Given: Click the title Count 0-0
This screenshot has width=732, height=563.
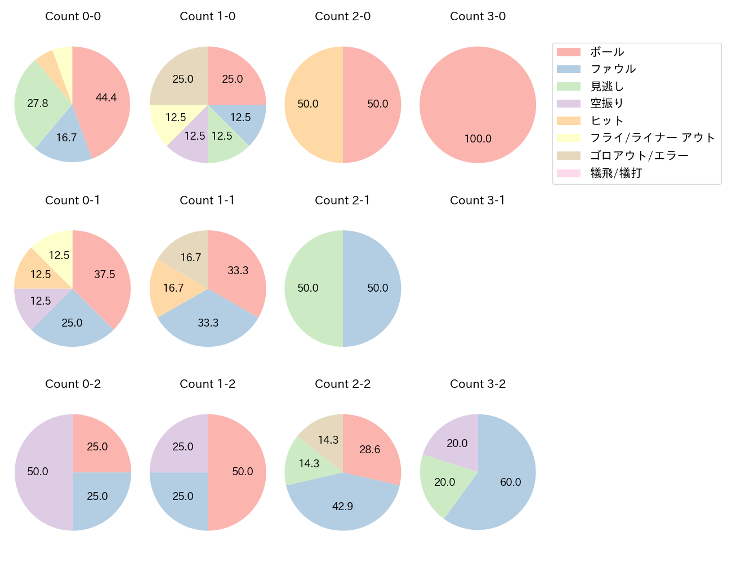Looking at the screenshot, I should [73, 16].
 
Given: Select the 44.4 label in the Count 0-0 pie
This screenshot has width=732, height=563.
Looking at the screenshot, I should [106, 97].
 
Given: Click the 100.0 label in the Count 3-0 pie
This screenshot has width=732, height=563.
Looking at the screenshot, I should [477, 138].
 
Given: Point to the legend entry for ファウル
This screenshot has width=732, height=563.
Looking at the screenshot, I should [613, 69].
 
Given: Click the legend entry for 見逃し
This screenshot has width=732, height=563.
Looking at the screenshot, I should [607, 87].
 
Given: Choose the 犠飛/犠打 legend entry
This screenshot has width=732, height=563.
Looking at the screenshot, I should [615, 173].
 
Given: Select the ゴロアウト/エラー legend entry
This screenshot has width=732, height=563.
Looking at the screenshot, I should [639, 155].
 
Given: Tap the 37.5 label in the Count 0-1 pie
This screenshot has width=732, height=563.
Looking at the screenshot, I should [104, 274].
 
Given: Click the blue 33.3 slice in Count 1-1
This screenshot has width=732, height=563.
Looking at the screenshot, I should [208, 323].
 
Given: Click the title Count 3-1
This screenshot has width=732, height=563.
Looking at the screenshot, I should [477, 200].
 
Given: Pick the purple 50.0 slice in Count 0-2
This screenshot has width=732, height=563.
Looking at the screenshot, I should [38, 472].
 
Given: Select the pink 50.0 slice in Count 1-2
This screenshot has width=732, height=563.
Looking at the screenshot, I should [242, 472].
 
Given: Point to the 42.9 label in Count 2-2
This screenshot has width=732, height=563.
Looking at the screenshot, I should [342, 506].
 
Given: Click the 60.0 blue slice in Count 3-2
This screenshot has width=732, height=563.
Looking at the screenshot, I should [510, 482].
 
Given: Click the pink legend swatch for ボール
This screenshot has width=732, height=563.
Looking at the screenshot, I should [568, 52].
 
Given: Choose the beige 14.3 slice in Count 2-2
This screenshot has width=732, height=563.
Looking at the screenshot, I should [327, 440].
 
